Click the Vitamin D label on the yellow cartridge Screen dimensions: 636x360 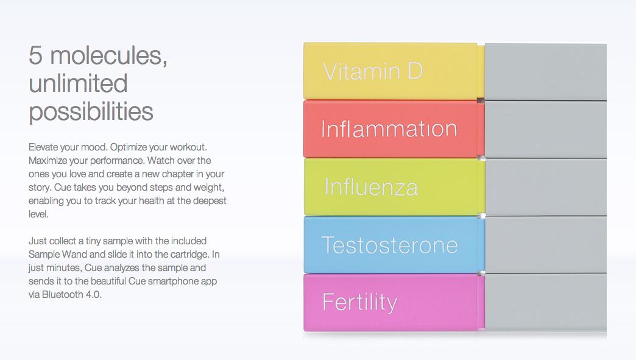pos(373,71)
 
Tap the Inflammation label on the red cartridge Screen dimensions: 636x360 pos(389,129)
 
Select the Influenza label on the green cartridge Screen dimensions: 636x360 pos(371,187)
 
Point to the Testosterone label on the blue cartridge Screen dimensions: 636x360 pos(389,245)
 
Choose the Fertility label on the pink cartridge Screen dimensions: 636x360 pos(359,302)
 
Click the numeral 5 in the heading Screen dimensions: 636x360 pos(35,55)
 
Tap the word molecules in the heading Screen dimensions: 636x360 pos(108,55)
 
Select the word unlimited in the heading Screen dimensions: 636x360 pos(78,83)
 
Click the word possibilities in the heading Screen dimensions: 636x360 pos(91,111)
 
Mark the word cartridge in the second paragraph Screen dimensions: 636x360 pos(191,255)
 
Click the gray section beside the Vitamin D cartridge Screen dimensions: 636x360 pos(546,72)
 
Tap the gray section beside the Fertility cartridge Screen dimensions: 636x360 pos(546,302)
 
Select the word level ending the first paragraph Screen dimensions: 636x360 pos(38,214)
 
